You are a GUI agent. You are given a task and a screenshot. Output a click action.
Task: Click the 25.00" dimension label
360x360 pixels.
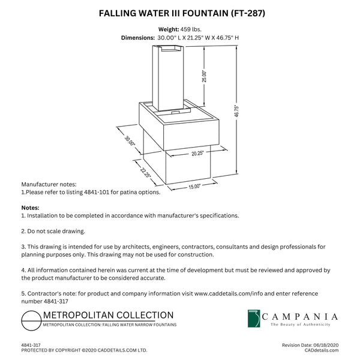point(204,76)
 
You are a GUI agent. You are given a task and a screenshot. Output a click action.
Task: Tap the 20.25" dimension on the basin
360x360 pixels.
point(181,154)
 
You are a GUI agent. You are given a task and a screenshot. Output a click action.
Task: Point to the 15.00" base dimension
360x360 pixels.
point(194,187)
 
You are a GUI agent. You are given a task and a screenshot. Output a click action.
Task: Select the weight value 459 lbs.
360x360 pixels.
point(190,29)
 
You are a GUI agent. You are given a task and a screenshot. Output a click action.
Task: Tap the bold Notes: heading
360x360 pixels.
point(30,208)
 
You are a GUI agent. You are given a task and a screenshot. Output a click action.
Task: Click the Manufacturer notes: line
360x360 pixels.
point(49,185)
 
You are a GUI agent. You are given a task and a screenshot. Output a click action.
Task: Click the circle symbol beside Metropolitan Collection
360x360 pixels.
point(30,323)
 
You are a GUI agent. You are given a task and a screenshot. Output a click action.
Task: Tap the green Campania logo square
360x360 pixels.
point(254,319)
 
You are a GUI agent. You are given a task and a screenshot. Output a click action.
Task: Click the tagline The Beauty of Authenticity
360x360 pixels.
point(300,325)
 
